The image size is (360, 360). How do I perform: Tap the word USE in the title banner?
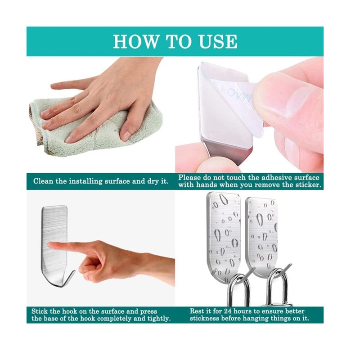pyautogui.click(x=218, y=41)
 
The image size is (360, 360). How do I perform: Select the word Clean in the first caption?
pyautogui.click(x=43, y=181)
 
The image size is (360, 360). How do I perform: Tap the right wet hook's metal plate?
pyautogui.click(x=262, y=232)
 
